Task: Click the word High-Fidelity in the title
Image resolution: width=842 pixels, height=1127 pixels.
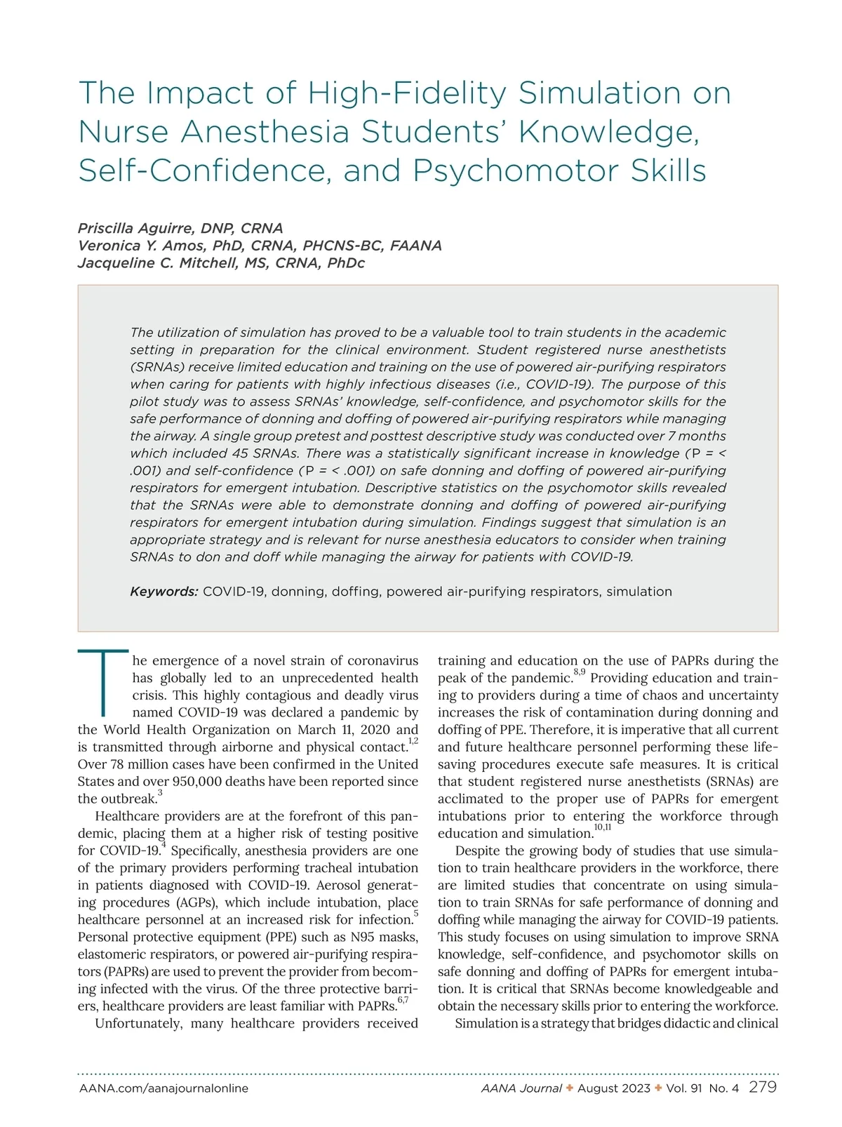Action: tap(407, 93)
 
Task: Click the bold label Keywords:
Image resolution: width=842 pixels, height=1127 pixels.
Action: tap(164, 592)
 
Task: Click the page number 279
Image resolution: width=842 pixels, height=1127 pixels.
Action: tap(763, 1087)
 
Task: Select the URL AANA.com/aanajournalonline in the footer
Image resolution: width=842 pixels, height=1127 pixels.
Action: tap(163, 1088)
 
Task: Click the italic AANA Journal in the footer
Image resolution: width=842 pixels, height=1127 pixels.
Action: tap(521, 1088)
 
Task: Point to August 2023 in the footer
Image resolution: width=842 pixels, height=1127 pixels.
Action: tap(614, 1088)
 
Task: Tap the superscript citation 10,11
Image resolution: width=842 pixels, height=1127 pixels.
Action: tap(603, 828)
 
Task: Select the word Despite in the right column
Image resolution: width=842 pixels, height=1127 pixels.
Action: tap(479, 851)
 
